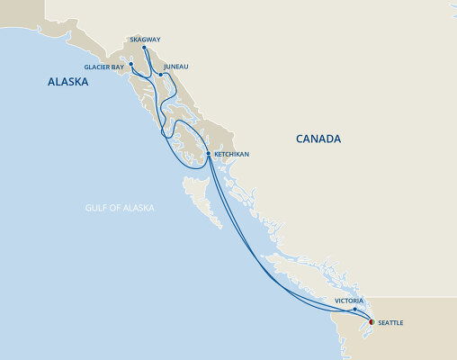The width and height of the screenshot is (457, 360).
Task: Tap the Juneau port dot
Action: click(x=160, y=74)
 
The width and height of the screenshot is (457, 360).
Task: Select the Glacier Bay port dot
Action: click(x=131, y=64)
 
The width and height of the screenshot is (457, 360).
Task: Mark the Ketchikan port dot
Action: click(x=209, y=154)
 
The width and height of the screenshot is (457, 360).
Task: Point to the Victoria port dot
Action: click(x=356, y=309)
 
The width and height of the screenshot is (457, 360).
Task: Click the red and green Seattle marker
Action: click(x=371, y=320)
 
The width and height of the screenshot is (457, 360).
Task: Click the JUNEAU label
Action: click(x=177, y=67)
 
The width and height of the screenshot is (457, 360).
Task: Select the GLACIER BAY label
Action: click(x=104, y=67)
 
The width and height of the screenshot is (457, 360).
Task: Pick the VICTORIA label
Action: click(x=348, y=300)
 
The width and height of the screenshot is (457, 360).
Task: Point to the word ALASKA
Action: click(x=67, y=82)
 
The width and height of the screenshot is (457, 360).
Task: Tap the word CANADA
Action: click(x=319, y=139)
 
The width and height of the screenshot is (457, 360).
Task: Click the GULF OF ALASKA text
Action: click(x=121, y=208)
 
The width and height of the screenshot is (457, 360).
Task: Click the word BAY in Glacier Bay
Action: click(x=118, y=67)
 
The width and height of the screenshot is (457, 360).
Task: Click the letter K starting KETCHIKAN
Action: click(x=216, y=155)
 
